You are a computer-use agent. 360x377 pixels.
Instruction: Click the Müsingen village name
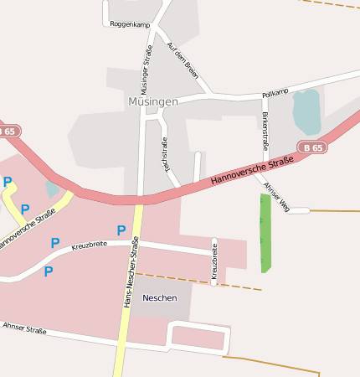tap(153, 101)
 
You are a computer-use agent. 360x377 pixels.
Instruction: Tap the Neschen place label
tap(159, 297)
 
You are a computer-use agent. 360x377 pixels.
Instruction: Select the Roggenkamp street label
tap(130, 24)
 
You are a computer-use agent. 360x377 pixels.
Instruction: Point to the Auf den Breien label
tap(183, 60)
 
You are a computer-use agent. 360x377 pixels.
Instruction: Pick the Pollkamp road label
tap(275, 92)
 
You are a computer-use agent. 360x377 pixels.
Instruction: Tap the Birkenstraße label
tap(265, 131)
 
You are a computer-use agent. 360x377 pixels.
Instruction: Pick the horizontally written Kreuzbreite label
tap(91, 246)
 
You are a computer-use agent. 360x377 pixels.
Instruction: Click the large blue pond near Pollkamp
tap(306, 111)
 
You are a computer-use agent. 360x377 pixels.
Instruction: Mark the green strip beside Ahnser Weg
tap(265, 233)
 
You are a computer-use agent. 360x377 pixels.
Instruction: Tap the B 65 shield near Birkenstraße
tap(312, 147)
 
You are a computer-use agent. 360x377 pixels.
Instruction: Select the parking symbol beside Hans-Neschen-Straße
tap(121, 230)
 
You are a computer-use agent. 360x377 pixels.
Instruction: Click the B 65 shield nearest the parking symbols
tap(8, 132)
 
